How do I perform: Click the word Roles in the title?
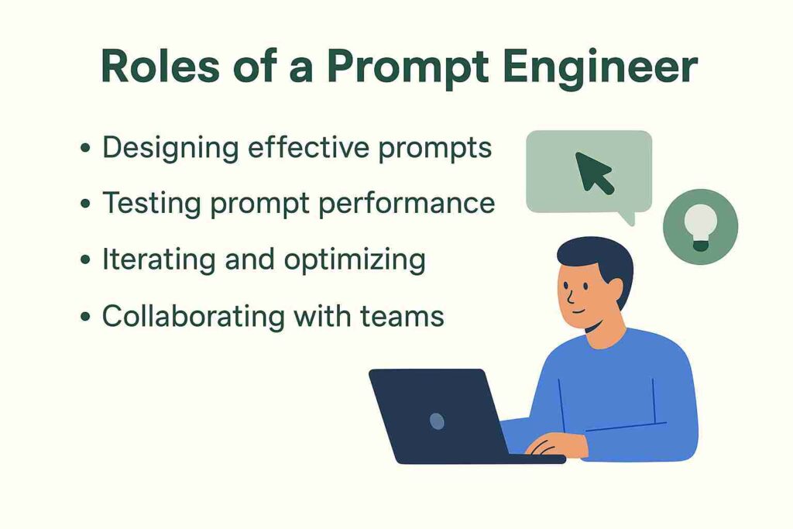coord(160,67)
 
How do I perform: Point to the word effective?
coord(308,147)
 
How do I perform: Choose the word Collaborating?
coord(193,317)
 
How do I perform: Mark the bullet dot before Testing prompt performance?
coord(85,204)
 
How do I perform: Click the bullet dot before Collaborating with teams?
coord(85,317)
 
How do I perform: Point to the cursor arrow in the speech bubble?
coord(595,173)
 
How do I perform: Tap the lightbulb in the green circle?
coord(700,228)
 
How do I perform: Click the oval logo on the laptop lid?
coord(437,421)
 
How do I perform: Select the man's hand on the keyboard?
coord(554,445)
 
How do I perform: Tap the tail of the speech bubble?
coord(629,218)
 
